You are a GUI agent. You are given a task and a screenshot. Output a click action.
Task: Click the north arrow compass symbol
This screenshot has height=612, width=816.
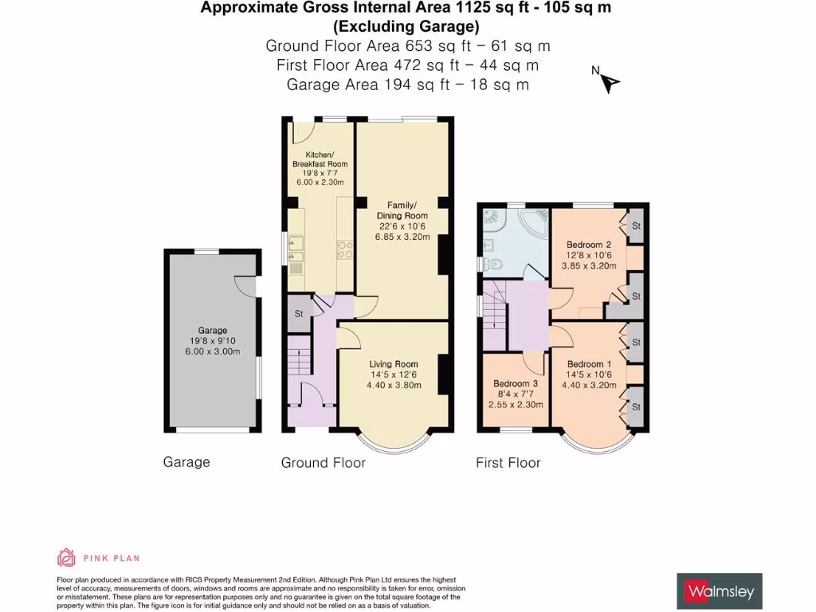610,83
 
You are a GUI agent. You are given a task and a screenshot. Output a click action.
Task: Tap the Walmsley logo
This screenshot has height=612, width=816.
720,591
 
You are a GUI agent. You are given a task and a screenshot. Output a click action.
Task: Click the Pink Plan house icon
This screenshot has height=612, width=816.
66,557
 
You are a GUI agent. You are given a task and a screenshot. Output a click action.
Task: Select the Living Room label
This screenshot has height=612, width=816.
394,364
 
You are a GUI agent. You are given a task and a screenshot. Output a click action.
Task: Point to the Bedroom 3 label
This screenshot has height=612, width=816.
516,383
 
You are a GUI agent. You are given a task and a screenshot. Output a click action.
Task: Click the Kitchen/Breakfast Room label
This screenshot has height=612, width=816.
320,159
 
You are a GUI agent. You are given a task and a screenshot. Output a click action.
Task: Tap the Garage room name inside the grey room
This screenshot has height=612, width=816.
212,331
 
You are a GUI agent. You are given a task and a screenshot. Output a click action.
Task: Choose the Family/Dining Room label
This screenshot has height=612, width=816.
402,210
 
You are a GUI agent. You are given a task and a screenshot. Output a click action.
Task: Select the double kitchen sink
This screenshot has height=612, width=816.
296,249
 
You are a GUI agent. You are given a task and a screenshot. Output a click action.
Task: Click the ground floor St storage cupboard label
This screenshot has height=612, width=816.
299,314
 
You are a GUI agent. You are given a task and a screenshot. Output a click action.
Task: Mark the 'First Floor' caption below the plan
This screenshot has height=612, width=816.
508,463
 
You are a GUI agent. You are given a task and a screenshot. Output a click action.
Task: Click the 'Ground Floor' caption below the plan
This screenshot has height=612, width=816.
324,463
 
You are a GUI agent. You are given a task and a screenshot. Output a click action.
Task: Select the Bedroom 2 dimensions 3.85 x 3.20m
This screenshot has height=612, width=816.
589,265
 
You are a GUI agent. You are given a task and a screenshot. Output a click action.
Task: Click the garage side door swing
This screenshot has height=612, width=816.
245,286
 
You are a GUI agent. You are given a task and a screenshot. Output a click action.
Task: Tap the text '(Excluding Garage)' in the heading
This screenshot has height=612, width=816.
406,26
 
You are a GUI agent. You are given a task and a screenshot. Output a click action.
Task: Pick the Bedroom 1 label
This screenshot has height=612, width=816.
589,364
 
